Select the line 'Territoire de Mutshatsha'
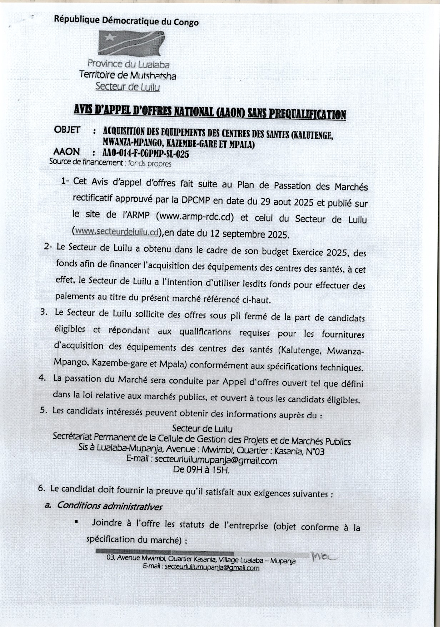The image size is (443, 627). click(x=128, y=75)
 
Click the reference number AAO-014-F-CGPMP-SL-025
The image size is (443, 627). click(x=145, y=154)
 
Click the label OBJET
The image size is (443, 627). click(x=67, y=130)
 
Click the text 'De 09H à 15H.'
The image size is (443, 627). click(x=201, y=470)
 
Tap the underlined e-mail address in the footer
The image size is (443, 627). click(x=212, y=567)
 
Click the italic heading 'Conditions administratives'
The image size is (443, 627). click(x=109, y=506)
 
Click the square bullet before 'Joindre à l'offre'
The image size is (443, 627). click(x=76, y=522)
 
